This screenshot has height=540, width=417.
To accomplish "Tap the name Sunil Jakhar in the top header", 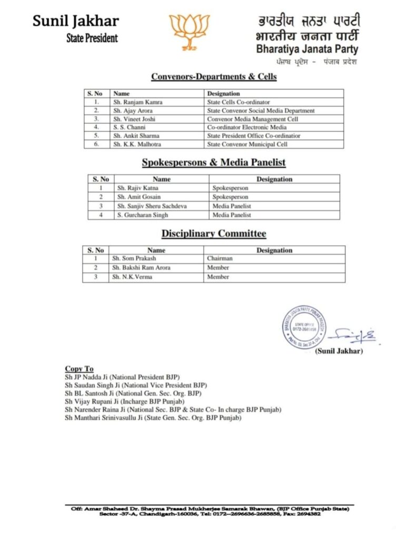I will [x=76, y=21].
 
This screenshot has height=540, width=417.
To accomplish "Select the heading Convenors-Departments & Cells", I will [x=214, y=76].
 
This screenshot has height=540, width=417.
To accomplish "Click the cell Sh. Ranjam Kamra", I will [x=133, y=102].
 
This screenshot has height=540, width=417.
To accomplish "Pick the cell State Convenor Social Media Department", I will [x=261, y=111].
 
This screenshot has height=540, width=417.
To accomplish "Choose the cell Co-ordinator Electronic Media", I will [x=247, y=127].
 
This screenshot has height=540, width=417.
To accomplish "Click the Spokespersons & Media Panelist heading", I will [x=214, y=163].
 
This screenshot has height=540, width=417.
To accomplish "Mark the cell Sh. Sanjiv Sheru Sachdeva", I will [x=152, y=206].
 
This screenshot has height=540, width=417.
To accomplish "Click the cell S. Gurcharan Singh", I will [x=140, y=215].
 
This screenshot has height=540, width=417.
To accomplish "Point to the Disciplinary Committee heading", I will [x=214, y=234].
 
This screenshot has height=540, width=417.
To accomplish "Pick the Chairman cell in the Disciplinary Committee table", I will [x=220, y=259].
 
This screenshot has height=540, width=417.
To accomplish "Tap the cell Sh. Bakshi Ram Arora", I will [x=141, y=268].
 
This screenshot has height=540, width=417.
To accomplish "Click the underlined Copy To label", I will [x=79, y=369].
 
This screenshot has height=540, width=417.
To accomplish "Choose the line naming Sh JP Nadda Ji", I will [x=122, y=378].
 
